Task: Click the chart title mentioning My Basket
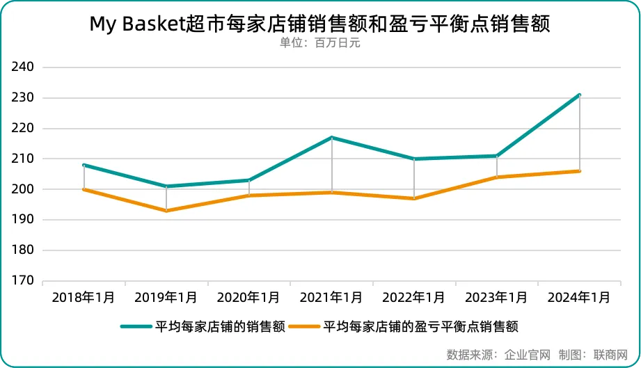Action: pos(319,24)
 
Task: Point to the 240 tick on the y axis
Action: pos(23,67)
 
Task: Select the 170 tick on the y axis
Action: pos(23,281)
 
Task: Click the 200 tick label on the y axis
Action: pos(23,189)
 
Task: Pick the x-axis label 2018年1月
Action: pos(84,298)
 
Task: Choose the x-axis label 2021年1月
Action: pos(331,298)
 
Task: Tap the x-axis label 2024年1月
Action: pos(579,298)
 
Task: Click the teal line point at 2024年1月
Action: pos(579,95)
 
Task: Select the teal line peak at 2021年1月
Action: pos(332,138)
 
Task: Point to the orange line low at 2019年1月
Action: pos(166,211)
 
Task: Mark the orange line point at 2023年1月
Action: pos(497,177)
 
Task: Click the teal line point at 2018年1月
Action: pos(84,165)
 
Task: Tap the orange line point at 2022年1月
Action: pos(414,198)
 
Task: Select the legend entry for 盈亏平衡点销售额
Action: pos(421,326)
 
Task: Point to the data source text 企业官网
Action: pos(526,354)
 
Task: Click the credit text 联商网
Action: pos(611,354)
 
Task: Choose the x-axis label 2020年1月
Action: pos(248,298)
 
